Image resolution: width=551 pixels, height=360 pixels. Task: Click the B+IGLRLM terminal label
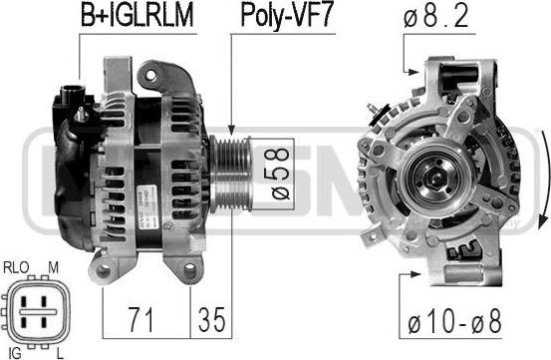[x=137, y=16]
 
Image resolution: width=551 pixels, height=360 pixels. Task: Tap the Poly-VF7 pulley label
[x=286, y=16]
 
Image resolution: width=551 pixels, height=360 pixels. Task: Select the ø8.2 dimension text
[x=435, y=17]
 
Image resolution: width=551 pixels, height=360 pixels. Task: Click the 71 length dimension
[x=140, y=319]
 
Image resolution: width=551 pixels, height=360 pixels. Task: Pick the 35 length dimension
[x=211, y=319]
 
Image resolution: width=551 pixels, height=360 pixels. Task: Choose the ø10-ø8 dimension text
[x=454, y=322]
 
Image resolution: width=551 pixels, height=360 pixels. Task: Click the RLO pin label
[x=16, y=268]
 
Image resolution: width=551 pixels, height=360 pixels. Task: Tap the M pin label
[x=53, y=268]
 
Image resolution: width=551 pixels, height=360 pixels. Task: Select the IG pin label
[x=14, y=353]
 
